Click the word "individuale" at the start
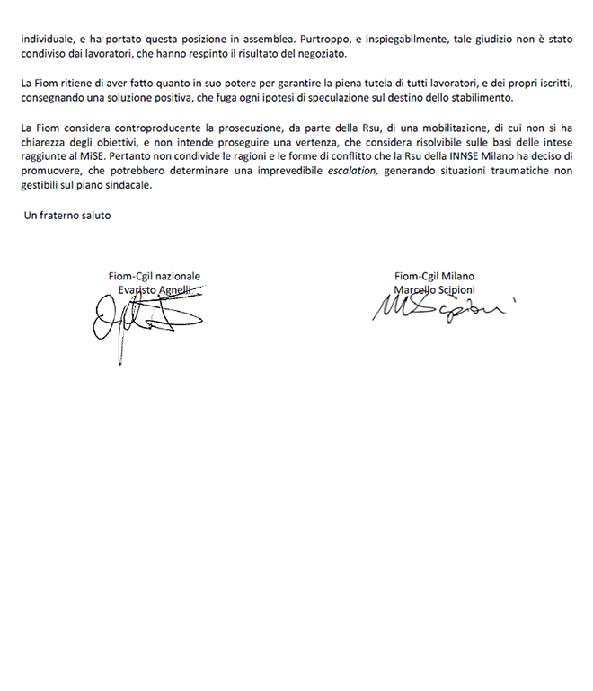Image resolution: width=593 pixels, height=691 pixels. click(46, 40)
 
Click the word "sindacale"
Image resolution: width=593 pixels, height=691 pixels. click(127, 185)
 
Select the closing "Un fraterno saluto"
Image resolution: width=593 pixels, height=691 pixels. click(67, 216)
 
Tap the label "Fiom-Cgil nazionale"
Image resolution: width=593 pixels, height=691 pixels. click(152, 276)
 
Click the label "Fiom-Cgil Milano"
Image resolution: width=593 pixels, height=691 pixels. click(435, 276)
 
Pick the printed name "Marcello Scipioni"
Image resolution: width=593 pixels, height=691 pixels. click(435, 289)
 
